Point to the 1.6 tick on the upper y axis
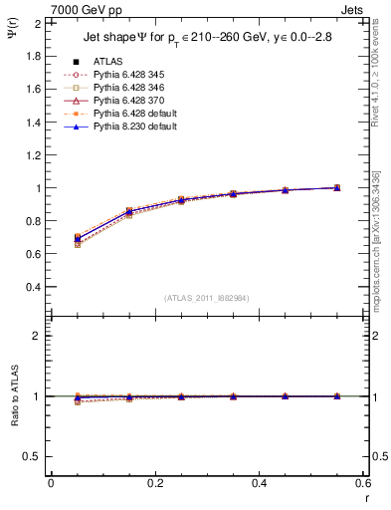coord(34,89)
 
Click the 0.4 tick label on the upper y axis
coord(34,287)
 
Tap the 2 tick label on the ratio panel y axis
coord(38,336)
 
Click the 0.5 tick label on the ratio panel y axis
coord(34,456)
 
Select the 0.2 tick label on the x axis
coord(155,482)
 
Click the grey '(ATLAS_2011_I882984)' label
coord(207,298)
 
